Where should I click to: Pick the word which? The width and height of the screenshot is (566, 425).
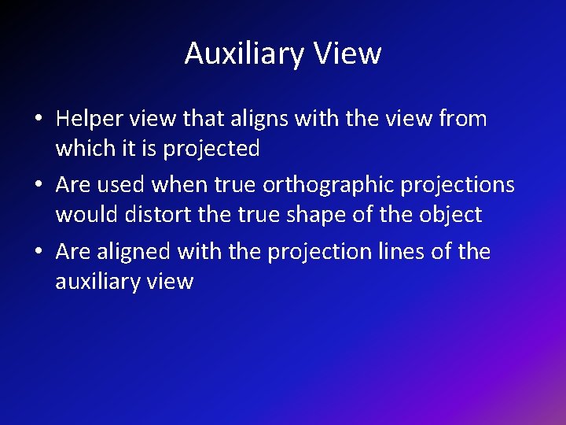(x=84, y=148)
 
